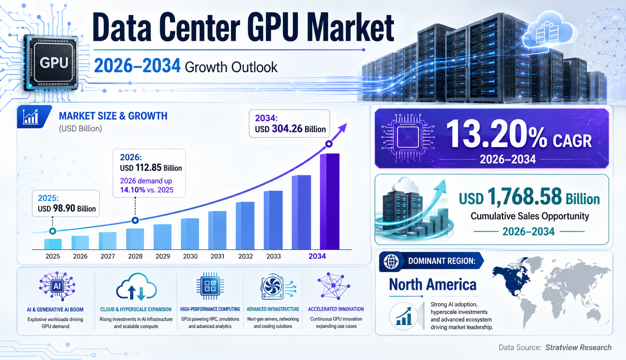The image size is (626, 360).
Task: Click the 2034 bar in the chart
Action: (x=330, y=201)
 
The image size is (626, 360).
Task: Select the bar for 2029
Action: (x=163, y=237)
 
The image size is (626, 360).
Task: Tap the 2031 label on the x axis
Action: (x=218, y=256)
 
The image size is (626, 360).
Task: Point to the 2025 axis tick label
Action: (x=52, y=256)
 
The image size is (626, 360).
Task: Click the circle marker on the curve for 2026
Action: (x=135, y=220)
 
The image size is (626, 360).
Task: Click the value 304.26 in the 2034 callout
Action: (x=287, y=129)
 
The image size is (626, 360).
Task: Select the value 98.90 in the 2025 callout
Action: (x=65, y=209)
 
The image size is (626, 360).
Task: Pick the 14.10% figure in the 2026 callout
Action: (x=133, y=190)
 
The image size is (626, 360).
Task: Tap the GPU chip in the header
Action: (x=51, y=63)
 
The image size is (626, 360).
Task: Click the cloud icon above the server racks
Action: (x=548, y=32)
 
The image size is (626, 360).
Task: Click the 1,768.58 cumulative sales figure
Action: (x=525, y=197)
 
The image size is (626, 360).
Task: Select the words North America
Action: (x=433, y=284)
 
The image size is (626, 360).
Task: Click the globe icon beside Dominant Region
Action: (x=391, y=262)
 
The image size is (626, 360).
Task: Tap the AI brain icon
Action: (x=57, y=286)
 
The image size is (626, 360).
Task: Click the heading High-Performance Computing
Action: (x=210, y=309)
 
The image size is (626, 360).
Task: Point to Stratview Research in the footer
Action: (x=578, y=347)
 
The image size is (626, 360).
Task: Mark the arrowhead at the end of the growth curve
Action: (x=343, y=128)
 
